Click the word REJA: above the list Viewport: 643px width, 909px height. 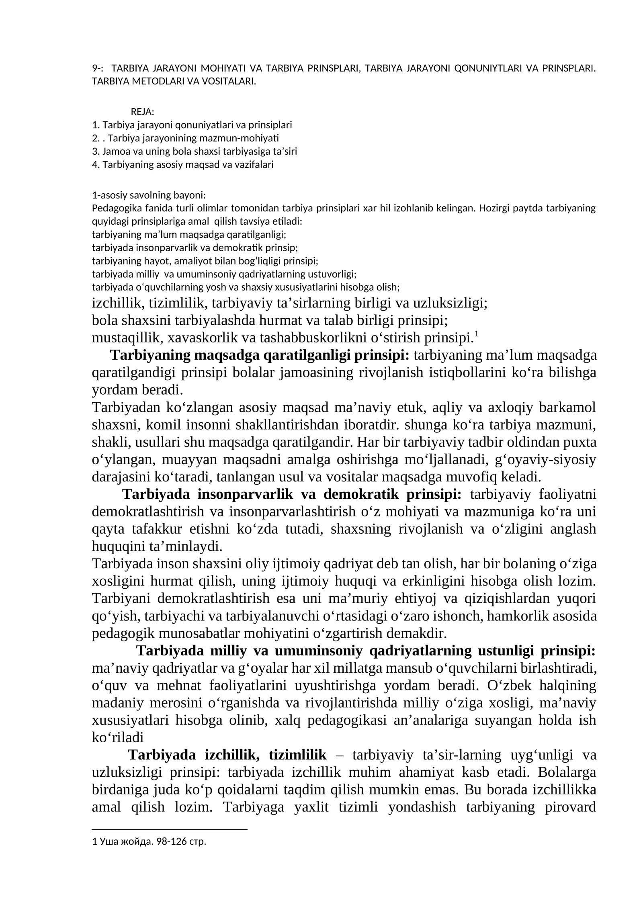pos(142,112)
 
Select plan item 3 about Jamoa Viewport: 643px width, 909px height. pos(194,151)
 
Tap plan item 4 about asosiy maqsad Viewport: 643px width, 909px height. pos(182,165)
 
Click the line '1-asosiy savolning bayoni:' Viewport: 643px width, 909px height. pos(149,195)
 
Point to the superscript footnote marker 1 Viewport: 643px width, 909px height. pos(476,334)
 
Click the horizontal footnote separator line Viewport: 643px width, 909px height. pos(169,829)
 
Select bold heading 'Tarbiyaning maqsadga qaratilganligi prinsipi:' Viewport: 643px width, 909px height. pos(260,355)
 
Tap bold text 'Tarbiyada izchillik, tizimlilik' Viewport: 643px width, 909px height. pos(227,755)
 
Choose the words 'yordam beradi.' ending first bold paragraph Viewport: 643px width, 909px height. pos(137,390)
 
